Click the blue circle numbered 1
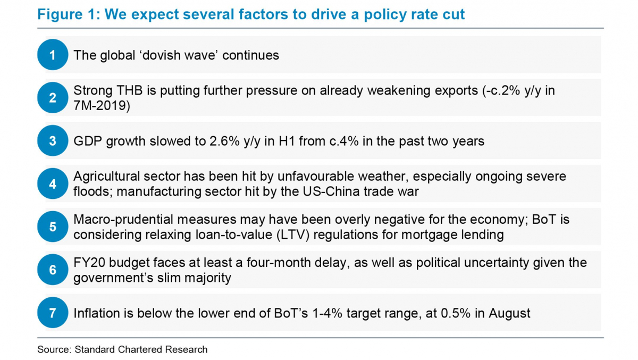(x=52, y=55)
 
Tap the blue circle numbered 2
(x=52, y=98)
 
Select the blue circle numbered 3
(x=52, y=141)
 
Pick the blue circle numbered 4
(x=52, y=184)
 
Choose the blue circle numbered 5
(x=52, y=227)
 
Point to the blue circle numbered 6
(x=52, y=270)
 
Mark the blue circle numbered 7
(x=52, y=313)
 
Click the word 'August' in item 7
(x=511, y=314)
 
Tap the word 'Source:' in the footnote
(x=54, y=350)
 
